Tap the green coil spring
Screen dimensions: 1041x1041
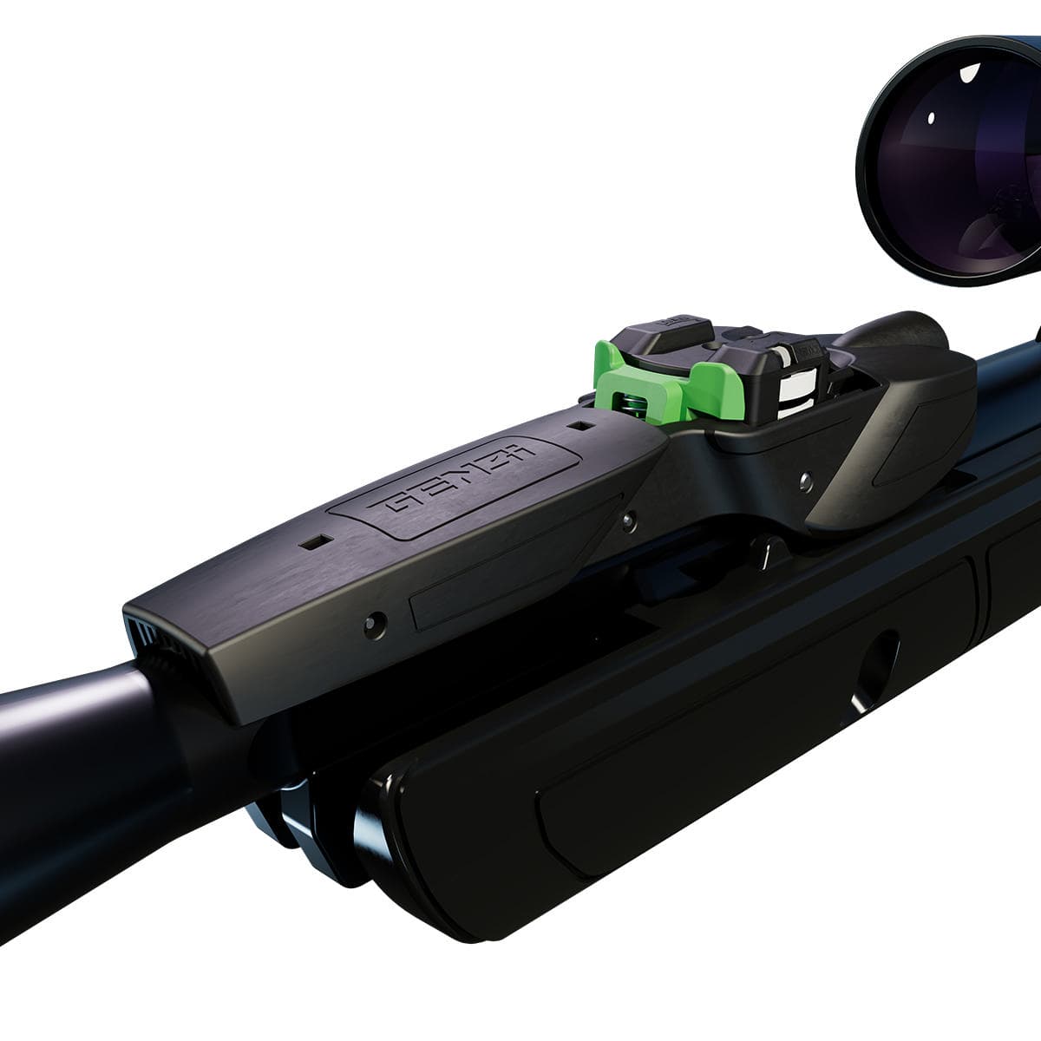(632, 402)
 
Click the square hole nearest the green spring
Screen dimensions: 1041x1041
(579, 426)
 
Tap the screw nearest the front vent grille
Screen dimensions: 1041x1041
(375, 621)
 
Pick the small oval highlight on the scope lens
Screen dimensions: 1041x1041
(931, 117)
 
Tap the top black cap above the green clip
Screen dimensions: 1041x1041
(672, 334)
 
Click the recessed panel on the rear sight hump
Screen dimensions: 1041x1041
(920, 451)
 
